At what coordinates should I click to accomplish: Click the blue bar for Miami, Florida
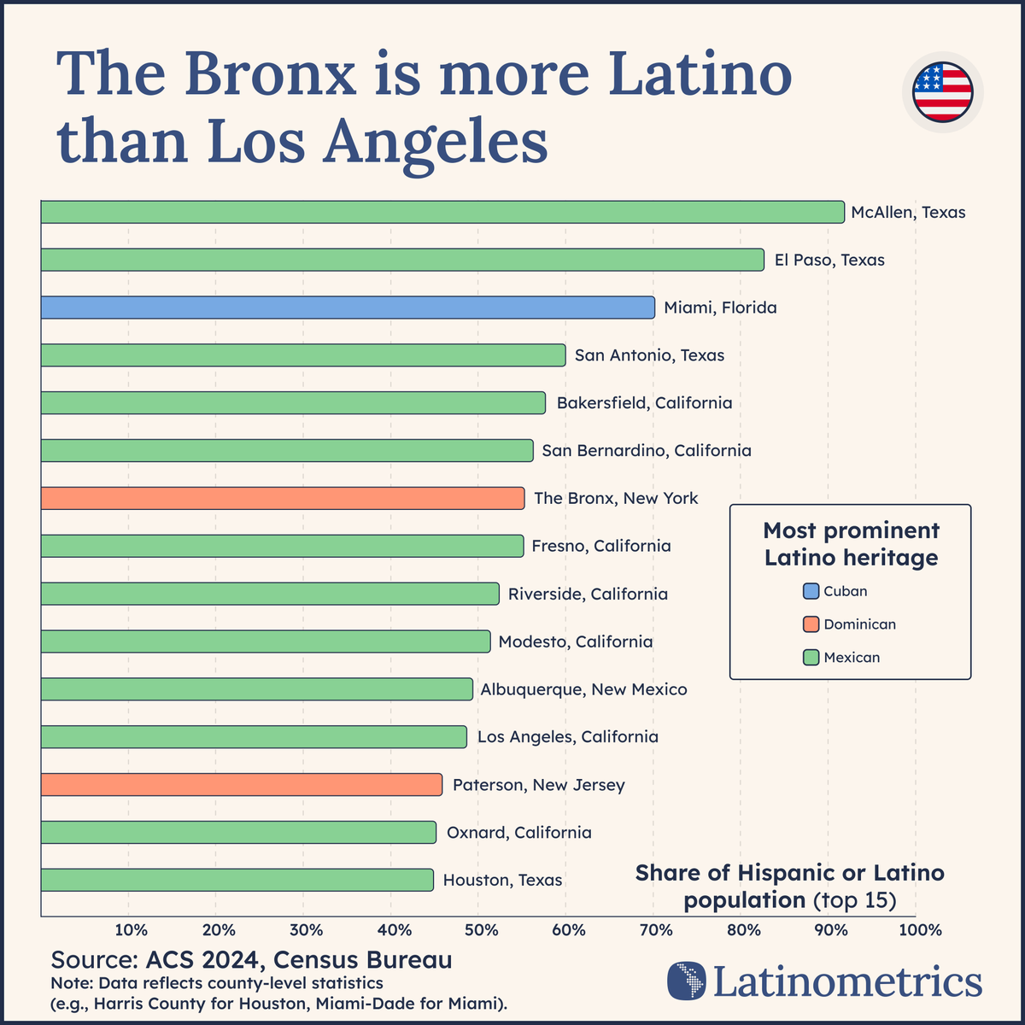point(348,307)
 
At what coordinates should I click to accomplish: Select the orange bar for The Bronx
point(282,498)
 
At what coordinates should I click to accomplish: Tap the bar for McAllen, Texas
point(442,212)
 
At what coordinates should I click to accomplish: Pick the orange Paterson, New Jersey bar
point(241,784)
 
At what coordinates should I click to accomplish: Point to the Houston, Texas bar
point(237,880)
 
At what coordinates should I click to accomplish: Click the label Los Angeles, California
point(567,736)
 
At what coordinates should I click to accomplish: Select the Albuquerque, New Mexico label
point(583,688)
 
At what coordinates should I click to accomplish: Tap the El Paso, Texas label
point(829,260)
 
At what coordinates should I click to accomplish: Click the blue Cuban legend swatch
point(811,591)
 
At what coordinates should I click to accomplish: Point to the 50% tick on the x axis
point(480,929)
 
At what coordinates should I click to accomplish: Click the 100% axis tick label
point(916,929)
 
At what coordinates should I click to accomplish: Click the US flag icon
point(942,92)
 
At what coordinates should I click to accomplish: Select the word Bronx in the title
point(270,75)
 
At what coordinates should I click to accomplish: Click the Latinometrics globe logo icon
point(687,981)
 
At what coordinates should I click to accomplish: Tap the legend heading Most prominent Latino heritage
point(851,544)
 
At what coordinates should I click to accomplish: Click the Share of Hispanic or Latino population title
point(790,886)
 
